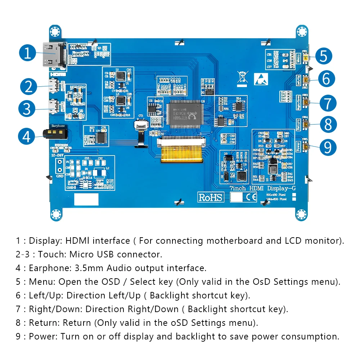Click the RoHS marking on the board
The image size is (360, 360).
click(211, 197)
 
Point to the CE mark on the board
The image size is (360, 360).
click(251, 197)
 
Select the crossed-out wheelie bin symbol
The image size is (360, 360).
click(243, 78)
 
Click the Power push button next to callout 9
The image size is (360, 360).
click(306, 147)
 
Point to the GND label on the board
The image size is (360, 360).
click(60, 176)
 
